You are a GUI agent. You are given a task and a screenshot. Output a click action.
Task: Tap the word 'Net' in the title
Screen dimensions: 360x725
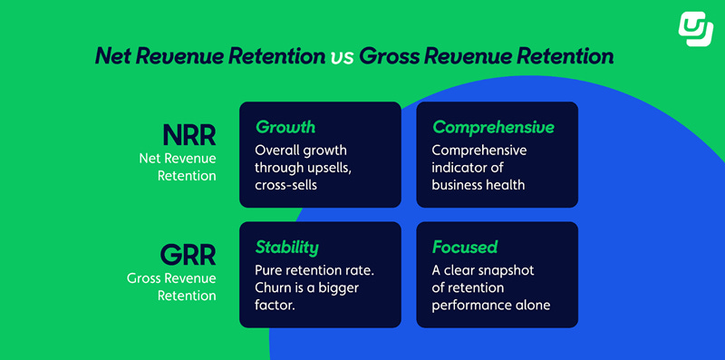pos(117,57)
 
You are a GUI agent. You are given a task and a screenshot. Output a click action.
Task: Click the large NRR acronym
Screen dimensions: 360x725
pos(188,135)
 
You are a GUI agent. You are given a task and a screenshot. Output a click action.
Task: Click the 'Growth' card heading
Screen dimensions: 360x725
pos(285,127)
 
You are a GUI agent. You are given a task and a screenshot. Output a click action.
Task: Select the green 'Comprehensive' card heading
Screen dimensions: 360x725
pos(492,127)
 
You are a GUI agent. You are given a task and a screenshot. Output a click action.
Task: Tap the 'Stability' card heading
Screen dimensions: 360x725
pos(286,247)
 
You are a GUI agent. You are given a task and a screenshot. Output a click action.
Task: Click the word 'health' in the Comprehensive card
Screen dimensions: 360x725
pos(504,185)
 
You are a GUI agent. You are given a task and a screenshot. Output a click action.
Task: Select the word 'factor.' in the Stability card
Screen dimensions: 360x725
pos(278,306)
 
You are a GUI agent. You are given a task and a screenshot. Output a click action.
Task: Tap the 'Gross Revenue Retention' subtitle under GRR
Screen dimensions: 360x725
pos(172,287)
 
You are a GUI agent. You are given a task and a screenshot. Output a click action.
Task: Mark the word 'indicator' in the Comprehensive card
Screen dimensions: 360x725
pos(461,168)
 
